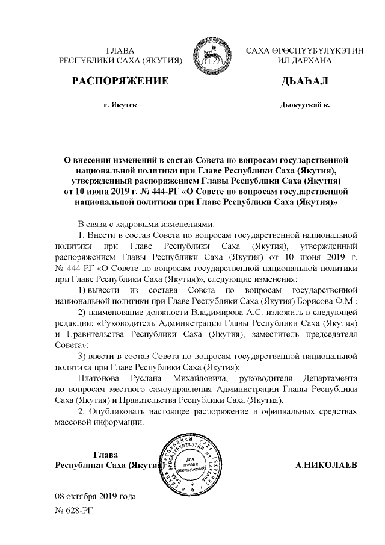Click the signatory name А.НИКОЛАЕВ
pyautogui.click(x=327, y=466)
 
